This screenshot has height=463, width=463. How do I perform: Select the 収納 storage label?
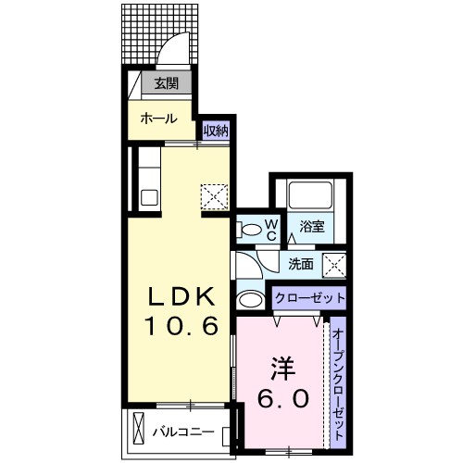click(216, 131)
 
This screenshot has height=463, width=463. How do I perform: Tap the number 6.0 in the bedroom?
click(282, 398)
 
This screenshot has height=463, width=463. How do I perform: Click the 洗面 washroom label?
click(300, 263)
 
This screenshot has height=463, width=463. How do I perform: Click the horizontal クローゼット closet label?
click(309, 298)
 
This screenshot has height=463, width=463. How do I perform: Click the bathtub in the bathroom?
click(309, 195)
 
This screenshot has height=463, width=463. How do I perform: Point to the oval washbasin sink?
click(248, 299)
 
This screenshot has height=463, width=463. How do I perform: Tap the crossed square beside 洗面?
click(334, 264)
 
